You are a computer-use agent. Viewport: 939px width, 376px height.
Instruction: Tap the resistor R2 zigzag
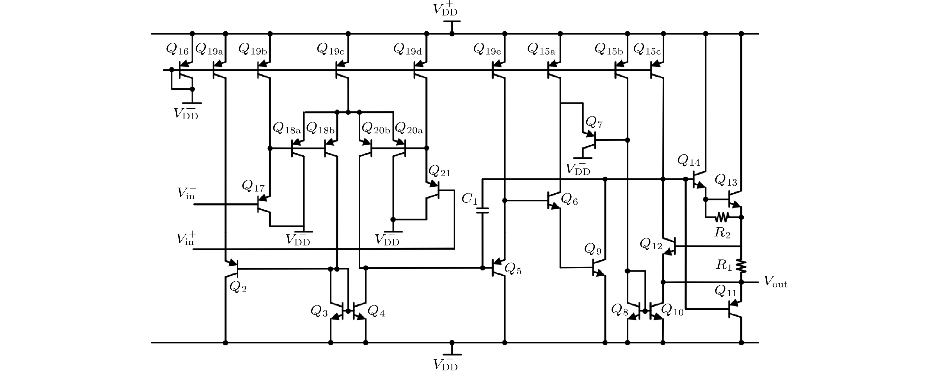pyautogui.click(x=722, y=217)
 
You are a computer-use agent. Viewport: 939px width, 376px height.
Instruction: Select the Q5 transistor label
pyautogui.click(x=513, y=270)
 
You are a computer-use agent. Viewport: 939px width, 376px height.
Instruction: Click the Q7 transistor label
pyautogui.click(x=594, y=123)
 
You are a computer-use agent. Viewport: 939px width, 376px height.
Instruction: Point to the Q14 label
pyautogui.click(x=688, y=160)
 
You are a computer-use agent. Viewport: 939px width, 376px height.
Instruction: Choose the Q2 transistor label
pyautogui.click(x=238, y=288)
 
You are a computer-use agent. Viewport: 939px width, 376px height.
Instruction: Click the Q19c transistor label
pyautogui.click(x=330, y=49)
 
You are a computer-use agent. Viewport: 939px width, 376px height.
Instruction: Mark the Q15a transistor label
pyautogui.click(x=541, y=49)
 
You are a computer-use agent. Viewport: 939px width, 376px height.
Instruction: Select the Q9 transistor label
pyautogui.click(x=593, y=249)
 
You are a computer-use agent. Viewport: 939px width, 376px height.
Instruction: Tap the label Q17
pyautogui.click(x=253, y=187)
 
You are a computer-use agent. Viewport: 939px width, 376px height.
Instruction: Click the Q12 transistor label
pyautogui.click(x=651, y=244)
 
